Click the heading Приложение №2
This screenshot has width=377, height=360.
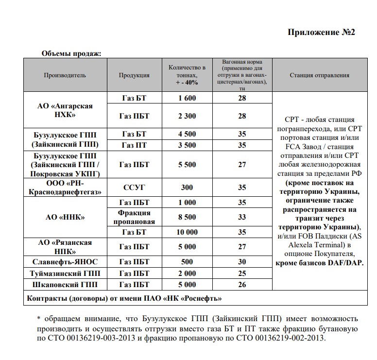pyautogui.click(x=322, y=33)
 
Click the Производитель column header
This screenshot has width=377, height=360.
pyautogui.click(x=65, y=75)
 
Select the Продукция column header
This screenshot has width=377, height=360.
pyautogui.click(x=134, y=75)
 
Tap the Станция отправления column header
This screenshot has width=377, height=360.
pyautogui.click(x=320, y=75)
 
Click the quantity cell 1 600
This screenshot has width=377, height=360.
pyautogui.click(x=187, y=98)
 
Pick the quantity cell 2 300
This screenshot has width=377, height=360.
pyautogui.click(x=187, y=116)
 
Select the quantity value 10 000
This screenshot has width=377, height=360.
pyautogui.click(x=187, y=232)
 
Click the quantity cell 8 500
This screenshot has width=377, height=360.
pyautogui.click(x=187, y=217)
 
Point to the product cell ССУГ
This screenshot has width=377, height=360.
pyautogui.click(x=134, y=187)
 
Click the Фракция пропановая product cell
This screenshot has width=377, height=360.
pyautogui.click(x=134, y=217)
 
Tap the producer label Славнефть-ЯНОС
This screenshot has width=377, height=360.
pyautogui.click(x=65, y=262)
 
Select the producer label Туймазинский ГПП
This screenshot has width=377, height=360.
pyautogui.click(x=65, y=274)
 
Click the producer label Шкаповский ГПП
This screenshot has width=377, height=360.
pyautogui.click(x=65, y=285)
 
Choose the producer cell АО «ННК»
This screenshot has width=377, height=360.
pyautogui.click(x=65, y=217)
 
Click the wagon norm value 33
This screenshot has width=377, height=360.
pyautogui.click(x=242, y=217)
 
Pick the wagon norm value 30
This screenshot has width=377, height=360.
pyautogui.click(x=242, y=262)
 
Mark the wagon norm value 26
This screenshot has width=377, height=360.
pyautogui.click(x=242, y=285)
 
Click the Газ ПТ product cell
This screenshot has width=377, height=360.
pyautogui.click(x=134, y=145)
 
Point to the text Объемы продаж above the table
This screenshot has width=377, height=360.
pyautogui.click(x=71, y=53)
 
